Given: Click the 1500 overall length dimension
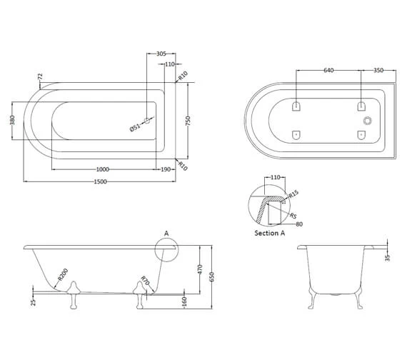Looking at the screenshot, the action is click(100, 181).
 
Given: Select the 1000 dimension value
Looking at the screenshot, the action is click(103, 169).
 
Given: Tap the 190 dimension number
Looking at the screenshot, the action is click(166, 169).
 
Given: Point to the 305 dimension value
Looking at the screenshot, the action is click(161, 54).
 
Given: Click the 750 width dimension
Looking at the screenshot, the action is click(189, 121).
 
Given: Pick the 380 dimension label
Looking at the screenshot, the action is click(12, 120).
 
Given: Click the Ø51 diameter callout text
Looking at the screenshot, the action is click(135, 127).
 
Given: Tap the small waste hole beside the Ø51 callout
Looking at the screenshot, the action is click(147, 121).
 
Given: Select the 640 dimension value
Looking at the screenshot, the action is click(328, 70).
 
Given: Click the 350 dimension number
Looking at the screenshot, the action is click(378, 70).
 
